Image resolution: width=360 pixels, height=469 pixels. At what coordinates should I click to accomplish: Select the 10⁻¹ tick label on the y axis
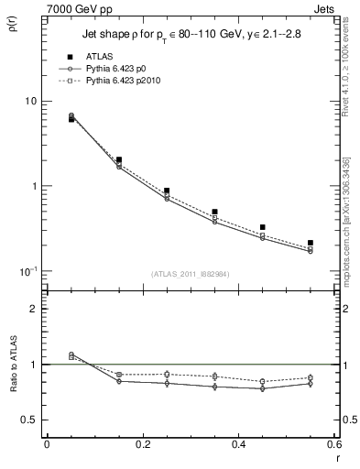tap(28, 271)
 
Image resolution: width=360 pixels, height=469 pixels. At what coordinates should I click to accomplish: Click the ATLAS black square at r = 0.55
tap(311, 243)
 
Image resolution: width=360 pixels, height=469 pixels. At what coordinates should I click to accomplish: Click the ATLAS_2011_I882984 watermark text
tap(189, 274)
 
